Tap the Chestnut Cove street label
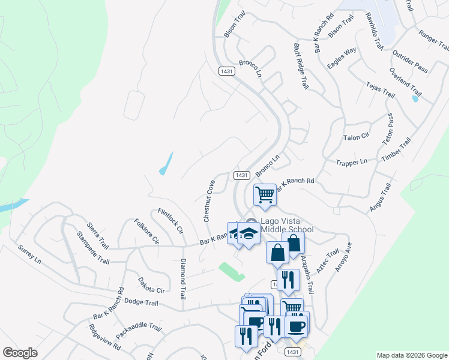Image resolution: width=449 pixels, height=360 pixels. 209,202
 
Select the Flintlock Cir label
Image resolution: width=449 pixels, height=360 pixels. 170,221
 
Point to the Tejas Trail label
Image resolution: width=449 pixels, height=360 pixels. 381,90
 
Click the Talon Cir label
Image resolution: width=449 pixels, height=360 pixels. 356,137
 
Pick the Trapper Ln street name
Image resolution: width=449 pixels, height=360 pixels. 352,162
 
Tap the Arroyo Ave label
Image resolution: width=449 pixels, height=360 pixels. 343,257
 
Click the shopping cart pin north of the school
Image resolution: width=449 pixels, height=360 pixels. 265,194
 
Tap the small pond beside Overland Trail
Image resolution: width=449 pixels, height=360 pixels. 415,98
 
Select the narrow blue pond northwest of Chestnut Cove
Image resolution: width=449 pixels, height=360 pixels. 166,164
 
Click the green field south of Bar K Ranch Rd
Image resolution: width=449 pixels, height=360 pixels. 232,271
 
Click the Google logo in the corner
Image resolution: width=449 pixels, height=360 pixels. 20,353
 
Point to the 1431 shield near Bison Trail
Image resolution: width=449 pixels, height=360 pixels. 226,71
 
